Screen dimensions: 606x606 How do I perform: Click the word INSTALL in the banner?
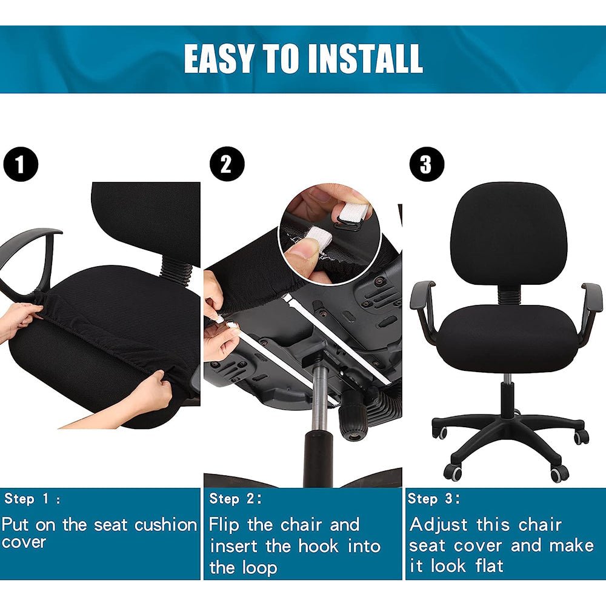[x=365, y=58]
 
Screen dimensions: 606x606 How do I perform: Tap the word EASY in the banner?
[x=218, y=58]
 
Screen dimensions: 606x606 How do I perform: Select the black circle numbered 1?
[x=21, y=164]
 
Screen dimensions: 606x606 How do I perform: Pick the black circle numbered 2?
[x=227, y=164]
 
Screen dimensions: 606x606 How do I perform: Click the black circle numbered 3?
[x=427, y=164]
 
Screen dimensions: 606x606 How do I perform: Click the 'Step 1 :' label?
[x=33, y=499]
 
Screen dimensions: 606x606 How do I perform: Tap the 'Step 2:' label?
[x=235, y=499]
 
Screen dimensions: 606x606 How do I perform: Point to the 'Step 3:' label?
[x=434, y=499]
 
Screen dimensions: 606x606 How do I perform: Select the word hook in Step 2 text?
[x=318, y=546]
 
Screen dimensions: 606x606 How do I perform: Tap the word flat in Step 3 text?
[x=489, y=566]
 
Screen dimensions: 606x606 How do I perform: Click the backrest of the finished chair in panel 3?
[x=508, y=233]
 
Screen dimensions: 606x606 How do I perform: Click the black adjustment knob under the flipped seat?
[x=353, y=417]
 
